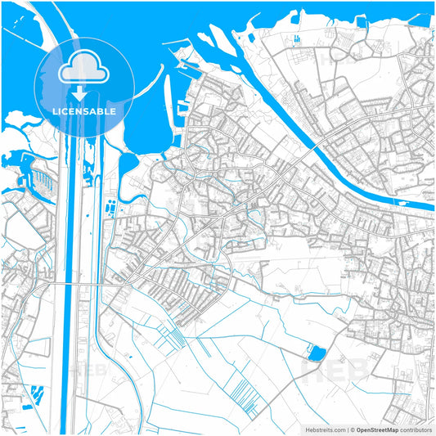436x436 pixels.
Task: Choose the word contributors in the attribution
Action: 416,429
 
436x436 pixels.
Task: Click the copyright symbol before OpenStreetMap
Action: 353,429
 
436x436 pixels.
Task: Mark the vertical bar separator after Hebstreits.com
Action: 347,429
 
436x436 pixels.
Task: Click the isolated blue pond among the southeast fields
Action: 316,353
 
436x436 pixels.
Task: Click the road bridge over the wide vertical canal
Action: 73,284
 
